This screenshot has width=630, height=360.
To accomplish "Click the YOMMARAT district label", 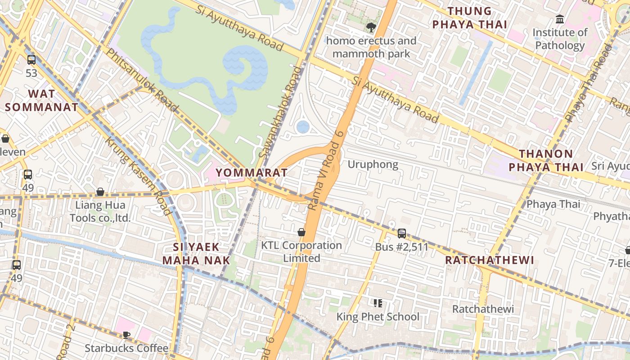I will (251, 173).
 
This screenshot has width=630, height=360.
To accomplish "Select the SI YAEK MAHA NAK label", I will (196, 254).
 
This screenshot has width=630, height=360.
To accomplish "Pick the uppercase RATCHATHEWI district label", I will (489, 260).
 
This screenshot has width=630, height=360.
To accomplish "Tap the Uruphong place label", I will (373, 165).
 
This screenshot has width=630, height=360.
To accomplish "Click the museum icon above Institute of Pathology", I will (560, 19).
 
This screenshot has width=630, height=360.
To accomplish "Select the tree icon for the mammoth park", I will (371, 27).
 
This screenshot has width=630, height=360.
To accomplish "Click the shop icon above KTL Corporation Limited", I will (301, 232).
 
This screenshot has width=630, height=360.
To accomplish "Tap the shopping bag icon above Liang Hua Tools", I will (100, 192).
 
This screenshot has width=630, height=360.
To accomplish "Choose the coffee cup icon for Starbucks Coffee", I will (126, 335).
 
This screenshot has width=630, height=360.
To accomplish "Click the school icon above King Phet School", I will (378, 303).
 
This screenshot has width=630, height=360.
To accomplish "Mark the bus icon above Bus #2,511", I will (401, 234).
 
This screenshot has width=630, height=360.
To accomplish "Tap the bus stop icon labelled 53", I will (31, 60).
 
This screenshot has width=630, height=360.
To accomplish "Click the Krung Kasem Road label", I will (138, 176).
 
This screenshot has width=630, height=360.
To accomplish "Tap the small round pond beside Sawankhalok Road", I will (303, 127).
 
